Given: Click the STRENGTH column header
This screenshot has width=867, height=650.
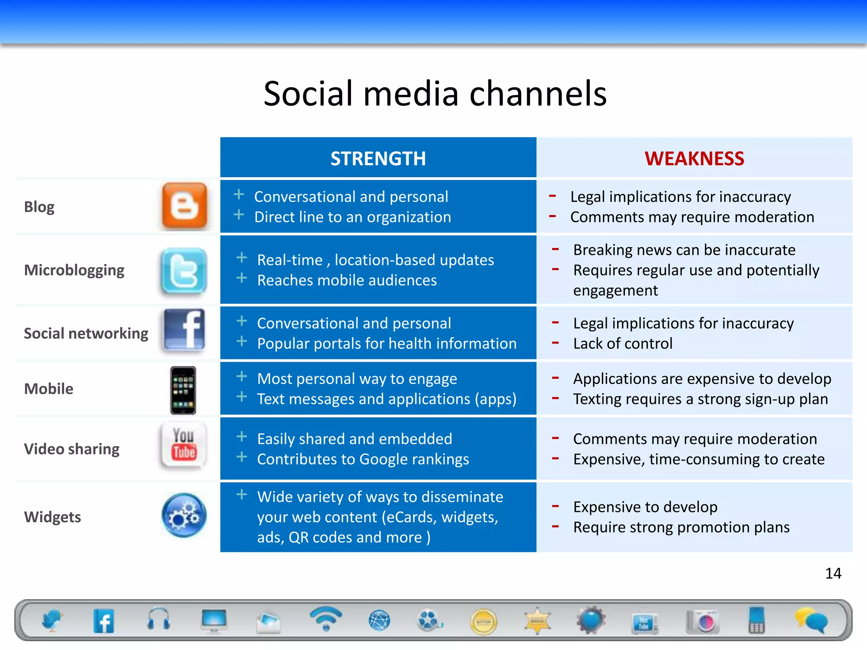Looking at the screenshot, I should pos(378,159).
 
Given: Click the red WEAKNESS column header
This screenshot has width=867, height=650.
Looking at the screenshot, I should pos(694,159).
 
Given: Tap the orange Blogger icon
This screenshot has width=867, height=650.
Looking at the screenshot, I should pos(185,206).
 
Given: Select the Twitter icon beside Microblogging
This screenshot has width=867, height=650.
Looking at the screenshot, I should pos(184,271).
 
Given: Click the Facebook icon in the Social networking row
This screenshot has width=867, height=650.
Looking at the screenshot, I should pos(185,330).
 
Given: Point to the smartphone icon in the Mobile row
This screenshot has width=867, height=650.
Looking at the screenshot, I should pos(183,390).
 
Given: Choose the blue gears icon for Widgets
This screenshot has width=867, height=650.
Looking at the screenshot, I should pos(184,515).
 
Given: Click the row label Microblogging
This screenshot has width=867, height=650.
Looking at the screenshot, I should pos(74,270).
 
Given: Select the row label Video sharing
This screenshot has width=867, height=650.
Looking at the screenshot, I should pos(72,449).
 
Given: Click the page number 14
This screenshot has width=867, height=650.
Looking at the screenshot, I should pos(833,573).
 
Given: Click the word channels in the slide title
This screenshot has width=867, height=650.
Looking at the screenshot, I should pos(538,94).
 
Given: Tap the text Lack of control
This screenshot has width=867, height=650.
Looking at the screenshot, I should pos(622,344).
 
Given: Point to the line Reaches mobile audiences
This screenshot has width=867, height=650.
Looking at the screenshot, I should pos(347,281).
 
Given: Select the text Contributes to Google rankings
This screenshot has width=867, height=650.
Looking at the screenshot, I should pos(363,460).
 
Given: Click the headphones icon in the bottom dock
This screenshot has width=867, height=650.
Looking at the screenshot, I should pos(159,620).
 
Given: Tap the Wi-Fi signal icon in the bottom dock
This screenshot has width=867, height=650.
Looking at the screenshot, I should pos(325,618).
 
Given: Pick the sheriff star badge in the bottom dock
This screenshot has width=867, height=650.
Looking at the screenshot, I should pos(537,620).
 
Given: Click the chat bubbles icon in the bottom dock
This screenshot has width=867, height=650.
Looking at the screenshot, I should pos(811,620).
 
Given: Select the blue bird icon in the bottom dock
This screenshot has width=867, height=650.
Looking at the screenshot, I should pos(52,620).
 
